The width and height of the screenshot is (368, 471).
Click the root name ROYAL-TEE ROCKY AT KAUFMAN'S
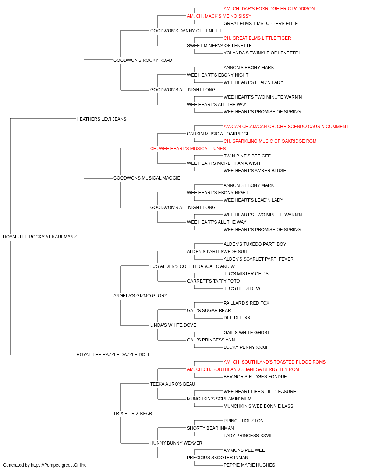pyautogui.click(x=40, y=237)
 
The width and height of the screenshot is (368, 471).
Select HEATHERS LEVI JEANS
pyautogui.click(x=102, y=119)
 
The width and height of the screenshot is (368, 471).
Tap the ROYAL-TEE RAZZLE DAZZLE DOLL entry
pyautogui.click(x=113, y=355)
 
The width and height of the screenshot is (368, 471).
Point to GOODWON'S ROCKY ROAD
pyautogui.click(x=143, y=60)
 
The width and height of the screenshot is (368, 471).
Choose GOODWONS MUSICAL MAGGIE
pyautogui.click(x=147, y=178)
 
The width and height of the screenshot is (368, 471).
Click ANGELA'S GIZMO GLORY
pyautogui.click(x=140, y=296)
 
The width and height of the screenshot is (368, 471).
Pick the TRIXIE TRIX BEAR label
pyautogui.click(x=132, y=414)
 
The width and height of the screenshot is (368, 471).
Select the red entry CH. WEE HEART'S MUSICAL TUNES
pyautogui.click(x=188, y=149)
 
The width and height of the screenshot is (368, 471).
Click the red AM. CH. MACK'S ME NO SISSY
pyautogui.click(x=219, y=16)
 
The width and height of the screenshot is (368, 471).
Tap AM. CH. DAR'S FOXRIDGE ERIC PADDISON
pyautogui.click(x=269, y=9)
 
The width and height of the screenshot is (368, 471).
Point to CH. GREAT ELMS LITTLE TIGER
pyautogui.click(x=257, y=38)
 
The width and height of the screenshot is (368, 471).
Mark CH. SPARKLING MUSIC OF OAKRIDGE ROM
pyautogui.click(x=270, y=141)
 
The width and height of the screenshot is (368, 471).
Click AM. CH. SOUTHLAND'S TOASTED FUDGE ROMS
pyautogui.click(x=275, y=362)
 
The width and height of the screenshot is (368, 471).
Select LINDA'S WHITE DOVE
pyautogui.click(x=173, y=325)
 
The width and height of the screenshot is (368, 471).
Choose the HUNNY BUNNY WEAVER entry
pyautogui.click(x=176, y=443)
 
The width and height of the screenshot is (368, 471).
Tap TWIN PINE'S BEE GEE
pyautogui.click(x=247, y=156)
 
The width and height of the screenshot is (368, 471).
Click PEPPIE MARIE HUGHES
pyautogui.click(x=249, y=465)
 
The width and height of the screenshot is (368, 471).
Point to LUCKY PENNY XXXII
pyautogui.click(x=245, y=347)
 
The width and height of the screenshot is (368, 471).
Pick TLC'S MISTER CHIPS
pyautogui.click(x=246, y=274)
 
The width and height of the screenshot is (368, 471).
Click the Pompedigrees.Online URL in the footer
pyautogui.click(x=59, y=465)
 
